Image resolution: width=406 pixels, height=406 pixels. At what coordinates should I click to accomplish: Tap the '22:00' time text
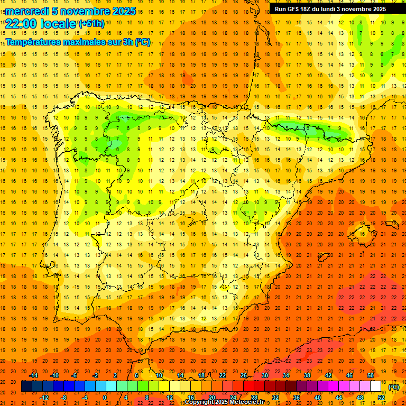click(20, 23)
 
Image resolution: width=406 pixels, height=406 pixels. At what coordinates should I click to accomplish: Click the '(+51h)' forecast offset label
click(91, 23)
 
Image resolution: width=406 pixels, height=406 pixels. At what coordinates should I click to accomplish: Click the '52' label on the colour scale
click(381, 398)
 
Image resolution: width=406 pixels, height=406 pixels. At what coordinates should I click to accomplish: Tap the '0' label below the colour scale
click(105, 398)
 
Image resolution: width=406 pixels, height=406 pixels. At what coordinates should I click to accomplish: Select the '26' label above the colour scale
click(244, 375)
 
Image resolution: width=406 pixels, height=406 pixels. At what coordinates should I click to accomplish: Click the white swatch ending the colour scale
click(375, 386)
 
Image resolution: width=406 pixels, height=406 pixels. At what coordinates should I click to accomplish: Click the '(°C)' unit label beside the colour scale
click(394, 387)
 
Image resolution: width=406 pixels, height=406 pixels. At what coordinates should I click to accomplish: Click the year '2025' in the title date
click(124, 11)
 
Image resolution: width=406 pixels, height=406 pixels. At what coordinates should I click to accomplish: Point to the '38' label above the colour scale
click(307, 375)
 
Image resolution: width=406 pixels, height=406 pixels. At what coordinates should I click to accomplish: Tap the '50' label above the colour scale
click(371, 375)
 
